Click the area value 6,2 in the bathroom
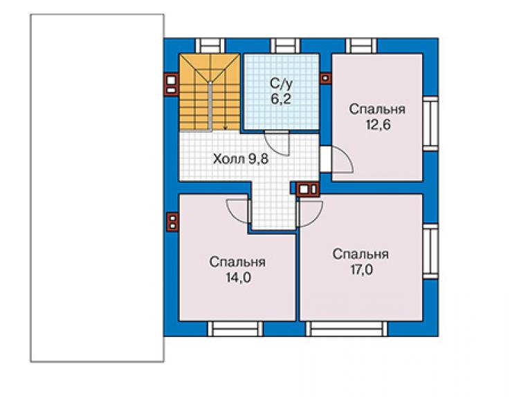(280, 98)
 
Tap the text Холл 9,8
(241, 159)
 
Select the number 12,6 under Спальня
(378, 125)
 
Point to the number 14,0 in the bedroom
(239, 278)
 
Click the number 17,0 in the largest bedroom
(361, 270)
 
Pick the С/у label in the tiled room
(281, 84)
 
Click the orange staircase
(210, 93)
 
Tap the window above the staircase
(210, 46)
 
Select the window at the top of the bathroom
(285, 46)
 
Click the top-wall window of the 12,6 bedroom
(361, 46)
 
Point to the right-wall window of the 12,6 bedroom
(430, 124)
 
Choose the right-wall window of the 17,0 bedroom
(430, 251)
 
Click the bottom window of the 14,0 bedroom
(235, 329)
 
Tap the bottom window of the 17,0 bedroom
(347, 329)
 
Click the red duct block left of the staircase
(171, 84)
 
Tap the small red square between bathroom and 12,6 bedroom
(325, 78)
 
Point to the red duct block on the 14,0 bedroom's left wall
(172, 222)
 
